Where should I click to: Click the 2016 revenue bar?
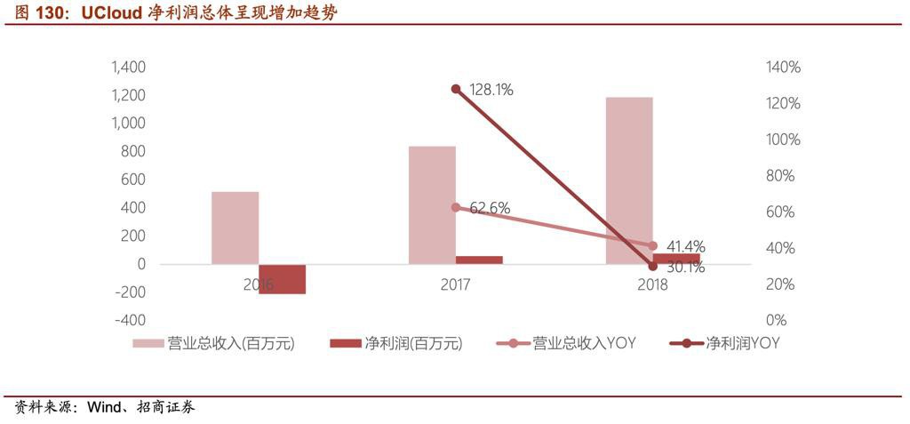pos(235,228)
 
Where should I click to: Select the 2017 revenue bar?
pos(432,204)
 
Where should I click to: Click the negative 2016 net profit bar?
pos(282,279)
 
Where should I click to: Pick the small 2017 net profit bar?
pos(479,260)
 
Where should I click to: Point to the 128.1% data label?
pos(491,90)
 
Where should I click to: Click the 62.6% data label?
pos(490,208)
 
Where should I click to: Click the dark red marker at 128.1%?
pos(456,89)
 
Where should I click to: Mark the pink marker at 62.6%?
pos(456,207)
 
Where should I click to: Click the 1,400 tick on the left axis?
pos(129,68)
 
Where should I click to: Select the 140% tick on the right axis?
pos(782,68)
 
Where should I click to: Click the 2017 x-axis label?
pos(456,284)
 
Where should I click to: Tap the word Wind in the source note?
pos(103,407)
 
